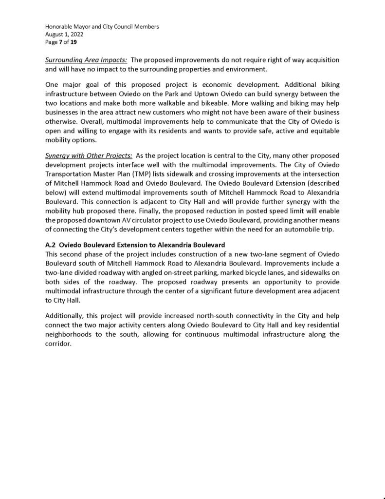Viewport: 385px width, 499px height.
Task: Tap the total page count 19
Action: pos(73,42)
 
